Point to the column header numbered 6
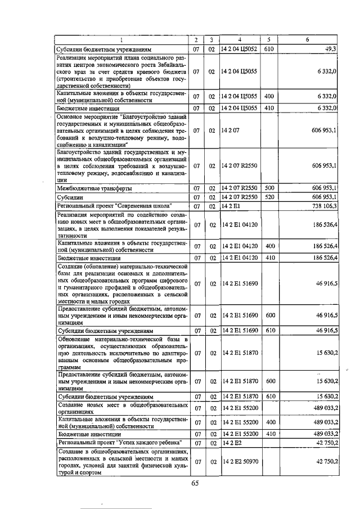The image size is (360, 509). [x=307, y=40]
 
